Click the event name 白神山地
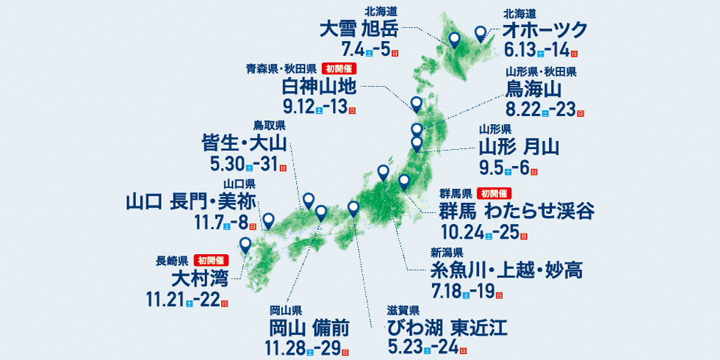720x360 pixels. pos(319,87)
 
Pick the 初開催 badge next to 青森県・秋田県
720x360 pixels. pos(339,69)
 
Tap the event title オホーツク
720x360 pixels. pos(545,30)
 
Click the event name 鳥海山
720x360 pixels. pos(534,90)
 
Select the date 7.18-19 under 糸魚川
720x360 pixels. pos(467,292)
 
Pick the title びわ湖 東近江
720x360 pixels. pos(447,326)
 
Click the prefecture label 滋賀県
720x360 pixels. pos(403,309)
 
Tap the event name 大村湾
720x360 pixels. pos(198,279)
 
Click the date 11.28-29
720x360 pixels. pos(306,347)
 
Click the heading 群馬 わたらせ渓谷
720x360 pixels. pos(517,212)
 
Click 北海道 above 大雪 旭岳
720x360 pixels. pos(381,11)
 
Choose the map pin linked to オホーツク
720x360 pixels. pos(480,33)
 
